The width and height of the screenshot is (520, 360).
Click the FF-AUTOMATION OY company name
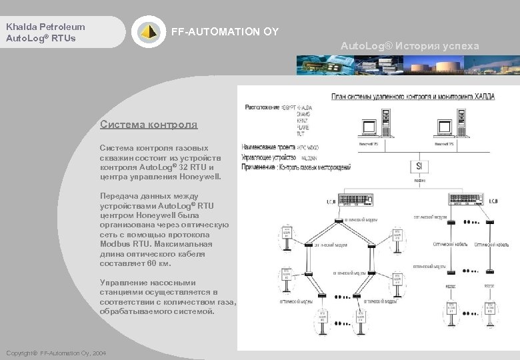[x=225, y=32]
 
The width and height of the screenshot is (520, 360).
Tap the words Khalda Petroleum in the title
[x=45, y=27]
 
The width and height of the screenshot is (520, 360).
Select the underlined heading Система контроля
[x=148, y=124]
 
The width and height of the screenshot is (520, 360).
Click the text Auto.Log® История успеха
[x=409, y=46]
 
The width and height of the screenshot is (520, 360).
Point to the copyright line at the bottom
[x=55, y=353]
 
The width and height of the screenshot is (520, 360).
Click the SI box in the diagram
[x=419, y=165]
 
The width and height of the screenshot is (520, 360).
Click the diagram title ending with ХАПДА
[x=413, y=96]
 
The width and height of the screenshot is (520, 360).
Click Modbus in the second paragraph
[x=115, y=245]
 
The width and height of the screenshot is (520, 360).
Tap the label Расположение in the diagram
[x=262, y=107]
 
